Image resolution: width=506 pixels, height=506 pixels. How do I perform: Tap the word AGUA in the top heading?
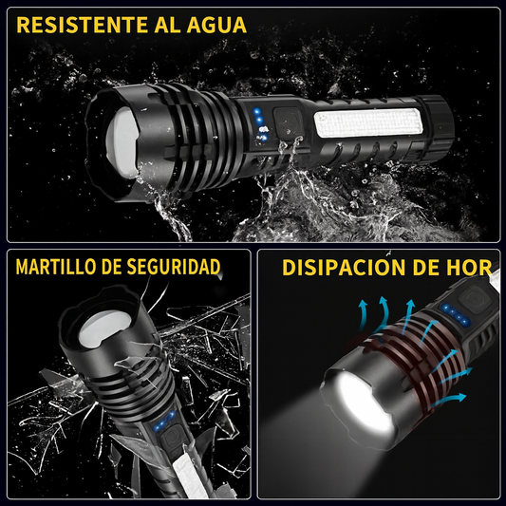(x=216, y=25)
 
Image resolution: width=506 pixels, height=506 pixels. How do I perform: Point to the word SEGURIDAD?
(x=174, y=267)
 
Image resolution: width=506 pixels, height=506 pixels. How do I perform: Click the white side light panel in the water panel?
(x=368, y=123)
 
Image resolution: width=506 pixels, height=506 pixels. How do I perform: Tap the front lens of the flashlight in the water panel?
(x=122, y=142)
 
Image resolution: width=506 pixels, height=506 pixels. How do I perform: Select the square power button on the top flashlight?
(x=288, y=122)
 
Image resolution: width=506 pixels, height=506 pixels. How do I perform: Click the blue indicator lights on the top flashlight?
(x=260, y=124)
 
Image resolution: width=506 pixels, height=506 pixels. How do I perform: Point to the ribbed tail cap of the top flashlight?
(x=436, y=126)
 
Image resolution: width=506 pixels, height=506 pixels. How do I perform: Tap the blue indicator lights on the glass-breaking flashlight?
(x=164, y=421)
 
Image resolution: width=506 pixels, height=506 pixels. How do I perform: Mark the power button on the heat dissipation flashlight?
(x=475, y=298)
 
